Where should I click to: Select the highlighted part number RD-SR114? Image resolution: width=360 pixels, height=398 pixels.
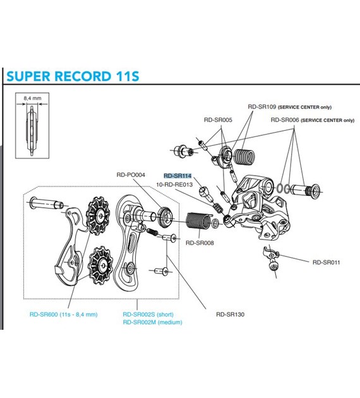177,176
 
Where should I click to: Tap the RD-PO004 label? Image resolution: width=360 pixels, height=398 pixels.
131,175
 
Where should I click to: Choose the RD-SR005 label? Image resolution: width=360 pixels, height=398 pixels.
218,119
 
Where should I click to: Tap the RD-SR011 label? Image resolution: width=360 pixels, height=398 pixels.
327,262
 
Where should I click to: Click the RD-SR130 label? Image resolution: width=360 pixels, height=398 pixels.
230,313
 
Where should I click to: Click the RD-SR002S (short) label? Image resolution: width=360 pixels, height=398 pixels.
148,314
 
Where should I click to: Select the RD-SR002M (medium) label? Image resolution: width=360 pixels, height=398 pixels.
152,322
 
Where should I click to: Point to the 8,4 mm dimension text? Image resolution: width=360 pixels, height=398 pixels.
32,99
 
